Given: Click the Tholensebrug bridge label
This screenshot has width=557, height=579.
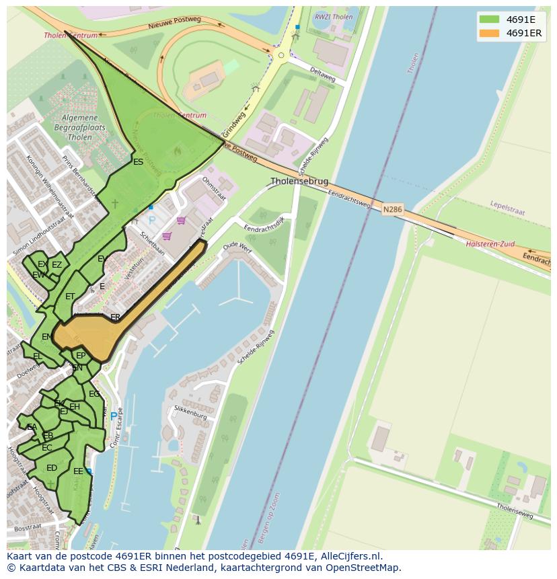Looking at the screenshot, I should (x=299, y=182).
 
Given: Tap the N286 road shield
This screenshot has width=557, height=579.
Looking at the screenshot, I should (x=393, y=210).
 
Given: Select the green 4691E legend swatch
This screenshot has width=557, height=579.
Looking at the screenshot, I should (x=489, y=19).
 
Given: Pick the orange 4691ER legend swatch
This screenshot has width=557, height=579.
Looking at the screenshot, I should (x=489, y=33).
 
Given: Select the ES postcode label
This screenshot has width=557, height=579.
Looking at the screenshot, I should (x=138, y=162).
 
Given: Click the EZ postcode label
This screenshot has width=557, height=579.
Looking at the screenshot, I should (x=57, y=265).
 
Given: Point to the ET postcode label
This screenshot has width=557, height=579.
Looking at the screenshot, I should (x=70, y=297).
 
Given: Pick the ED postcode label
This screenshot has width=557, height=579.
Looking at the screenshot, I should (x=52, y=468).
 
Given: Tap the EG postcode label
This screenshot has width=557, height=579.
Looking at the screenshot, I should (x=94, y=394).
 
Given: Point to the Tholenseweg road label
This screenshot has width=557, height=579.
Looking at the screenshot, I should (x=515, y=510).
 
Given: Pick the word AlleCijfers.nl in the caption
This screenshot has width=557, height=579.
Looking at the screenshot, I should (x=349, y=556).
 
